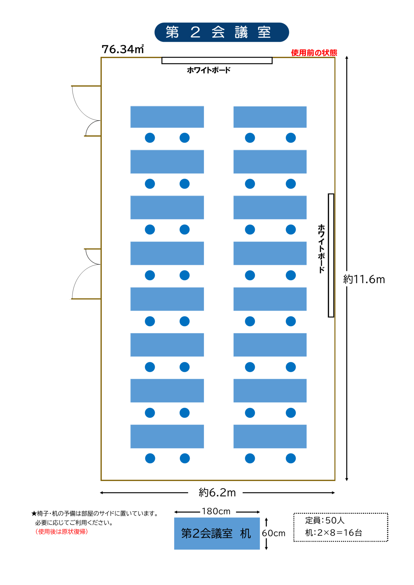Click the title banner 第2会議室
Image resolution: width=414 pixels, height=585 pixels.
[222, 32]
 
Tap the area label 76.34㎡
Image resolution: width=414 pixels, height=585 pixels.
[123, 49]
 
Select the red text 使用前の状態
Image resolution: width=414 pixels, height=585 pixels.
[314, 53]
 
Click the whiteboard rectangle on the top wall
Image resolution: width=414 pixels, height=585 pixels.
[217, 60]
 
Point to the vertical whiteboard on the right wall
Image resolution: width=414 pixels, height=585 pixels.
[331, 255]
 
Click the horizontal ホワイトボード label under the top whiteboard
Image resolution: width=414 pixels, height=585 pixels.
[209, 70]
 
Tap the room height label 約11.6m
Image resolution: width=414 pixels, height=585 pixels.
[364, 279]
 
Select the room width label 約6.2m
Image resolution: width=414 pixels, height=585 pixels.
[217, 493]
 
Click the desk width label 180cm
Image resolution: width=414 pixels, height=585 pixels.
[216, 512]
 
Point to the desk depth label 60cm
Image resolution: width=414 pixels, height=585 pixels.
[273, 533]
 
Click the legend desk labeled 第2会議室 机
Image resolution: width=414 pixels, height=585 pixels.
[217, 534]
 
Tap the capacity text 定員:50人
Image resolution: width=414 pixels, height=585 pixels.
[325, 520]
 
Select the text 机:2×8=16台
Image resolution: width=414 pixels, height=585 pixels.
[334, 533]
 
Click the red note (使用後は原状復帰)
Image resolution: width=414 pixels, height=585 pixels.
[62, 532]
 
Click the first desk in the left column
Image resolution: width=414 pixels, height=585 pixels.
[167, 117]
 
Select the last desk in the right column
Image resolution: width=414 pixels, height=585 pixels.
[270, 437]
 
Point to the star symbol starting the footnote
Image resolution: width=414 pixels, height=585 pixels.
[34, 514]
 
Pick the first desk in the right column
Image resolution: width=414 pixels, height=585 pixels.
[270, 117]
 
